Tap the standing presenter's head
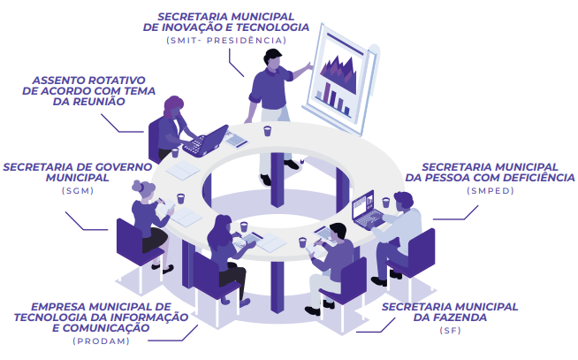point(271,57)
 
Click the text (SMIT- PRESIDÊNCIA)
point(226,41)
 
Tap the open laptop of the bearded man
point(363,208)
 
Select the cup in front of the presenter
point(267,131)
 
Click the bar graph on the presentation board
point(333,90)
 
